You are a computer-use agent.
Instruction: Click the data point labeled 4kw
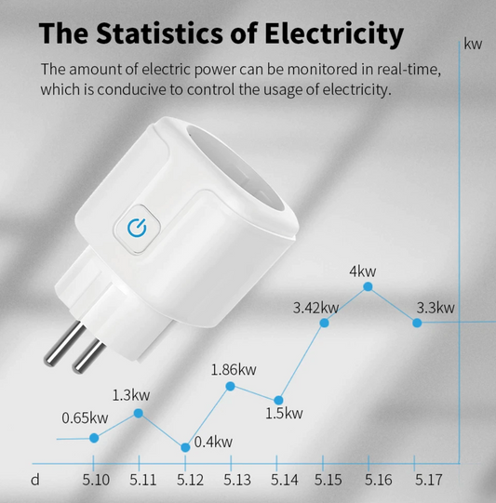tap(368, 288)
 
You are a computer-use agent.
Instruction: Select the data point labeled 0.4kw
tap(185, 447)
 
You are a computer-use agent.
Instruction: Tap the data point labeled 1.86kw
tap(232, 387)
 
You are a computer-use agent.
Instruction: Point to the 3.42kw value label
tap(315, 307)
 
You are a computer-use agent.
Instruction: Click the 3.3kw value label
tap(435, 308)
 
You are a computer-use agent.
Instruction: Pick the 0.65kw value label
tap(85, 417)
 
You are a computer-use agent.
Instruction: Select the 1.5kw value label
tap(284, 413)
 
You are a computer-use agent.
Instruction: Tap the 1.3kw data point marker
tap(139, 412)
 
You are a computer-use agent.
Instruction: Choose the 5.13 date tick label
tap(236, 480)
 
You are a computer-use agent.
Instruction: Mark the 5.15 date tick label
tap(328, 480)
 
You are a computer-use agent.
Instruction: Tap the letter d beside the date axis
tap(35, 480)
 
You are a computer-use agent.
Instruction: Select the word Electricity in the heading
tap(321, 33)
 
